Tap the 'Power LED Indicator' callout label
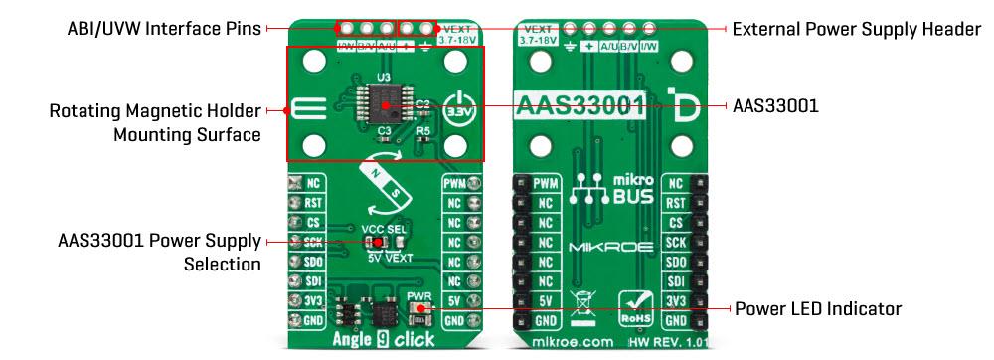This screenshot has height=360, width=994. click(x=817, y=309)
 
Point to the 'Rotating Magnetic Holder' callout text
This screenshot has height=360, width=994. click(x=155, y=111)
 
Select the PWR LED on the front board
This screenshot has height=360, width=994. click(x=421, y=308)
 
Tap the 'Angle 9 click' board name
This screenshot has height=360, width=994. click(x=384, y=340)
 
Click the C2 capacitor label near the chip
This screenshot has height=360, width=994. click(x=422, y=103)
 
